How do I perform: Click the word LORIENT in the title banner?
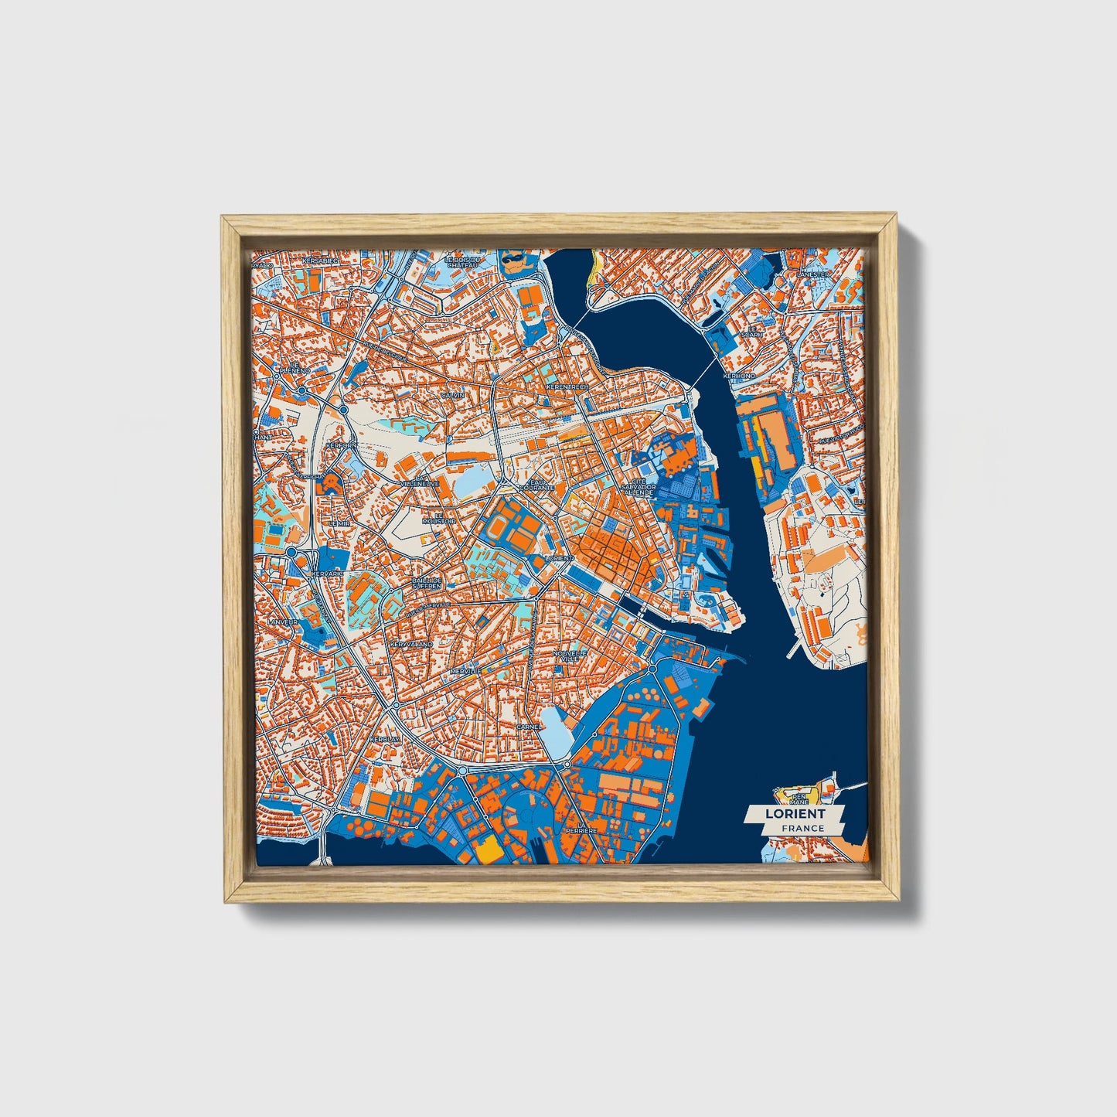coord(795,813)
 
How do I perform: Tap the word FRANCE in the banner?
coord(802,828)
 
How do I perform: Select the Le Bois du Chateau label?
coord(464,263)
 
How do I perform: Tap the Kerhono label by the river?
coord(738,376)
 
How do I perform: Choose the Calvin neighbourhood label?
coord(452,395)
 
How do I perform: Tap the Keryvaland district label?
coord(411,644)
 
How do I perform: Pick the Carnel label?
coord(529,727)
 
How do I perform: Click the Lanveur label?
coord(282,622)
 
